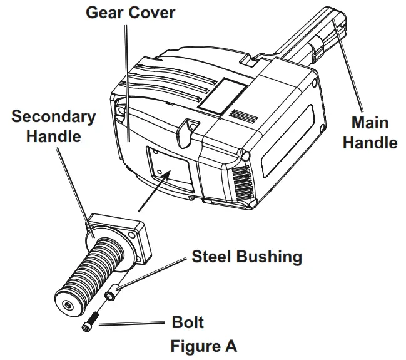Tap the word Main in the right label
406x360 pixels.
(x=370, y=123)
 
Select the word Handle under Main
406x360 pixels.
(x=370, y=143)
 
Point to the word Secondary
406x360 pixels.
(x=54, y=116)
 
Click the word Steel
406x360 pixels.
(x=212, y=257)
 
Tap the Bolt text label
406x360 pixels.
(x=188, y=323)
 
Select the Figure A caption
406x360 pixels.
(x=203, y=346)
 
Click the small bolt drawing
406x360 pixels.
(x=89, y=324)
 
